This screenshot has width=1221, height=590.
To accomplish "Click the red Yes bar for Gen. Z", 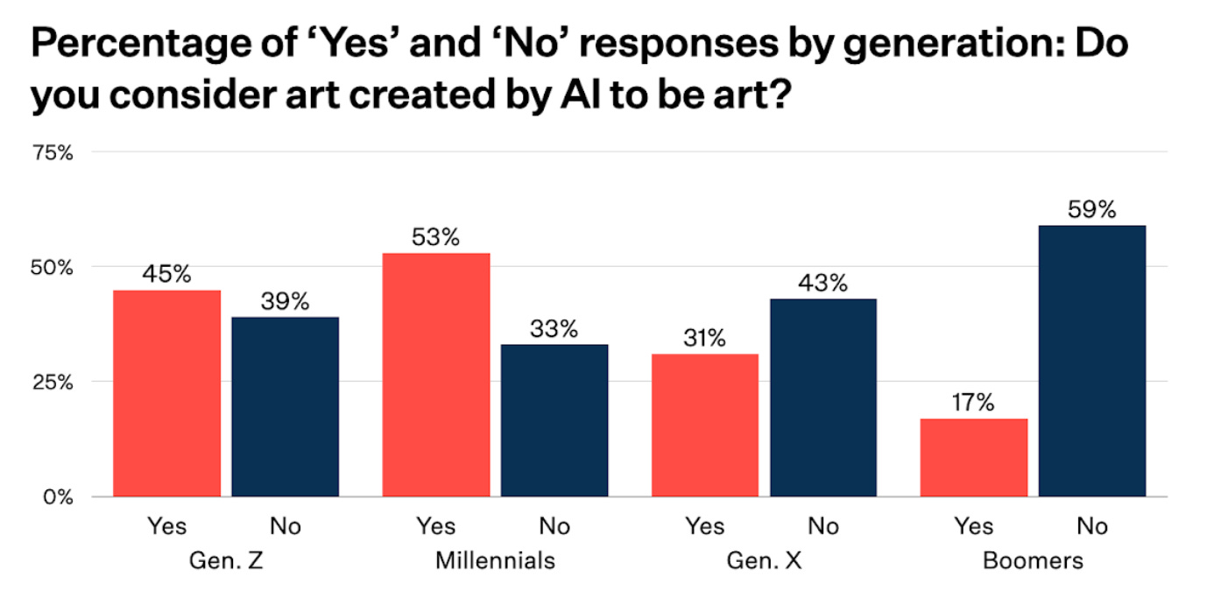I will [x=167, y=393].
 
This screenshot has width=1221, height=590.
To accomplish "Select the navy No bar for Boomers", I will [x=1091, y=361].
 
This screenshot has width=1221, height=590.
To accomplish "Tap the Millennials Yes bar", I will [x=436, y=375].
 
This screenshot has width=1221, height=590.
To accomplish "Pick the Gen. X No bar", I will [x=822, y=397].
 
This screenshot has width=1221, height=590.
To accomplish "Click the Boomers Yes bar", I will [x=974, y=457].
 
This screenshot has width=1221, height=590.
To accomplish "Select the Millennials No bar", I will [x=554, y=420].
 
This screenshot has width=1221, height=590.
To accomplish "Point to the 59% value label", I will [x=1091, y=210].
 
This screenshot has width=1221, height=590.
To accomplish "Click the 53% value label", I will [x=435, y=237].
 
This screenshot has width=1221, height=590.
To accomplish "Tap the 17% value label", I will [x=974, y=403].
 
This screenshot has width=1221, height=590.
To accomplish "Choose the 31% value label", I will [x=704, y=339].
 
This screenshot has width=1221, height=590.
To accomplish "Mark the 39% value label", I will [x=286, y=302].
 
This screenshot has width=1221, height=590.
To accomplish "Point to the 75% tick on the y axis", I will [x=52, y=153].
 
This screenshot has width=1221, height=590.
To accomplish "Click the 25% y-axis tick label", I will [x=52, y=383].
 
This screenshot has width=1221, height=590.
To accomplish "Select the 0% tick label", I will [x=57, y=497].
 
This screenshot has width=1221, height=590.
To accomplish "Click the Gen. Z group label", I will [x=227, y=560].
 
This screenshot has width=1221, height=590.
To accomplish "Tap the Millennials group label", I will [x=495, y=560].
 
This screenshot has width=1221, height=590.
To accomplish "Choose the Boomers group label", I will [x=1033, y=560].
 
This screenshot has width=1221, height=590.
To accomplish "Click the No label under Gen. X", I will [x=822, y=526].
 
